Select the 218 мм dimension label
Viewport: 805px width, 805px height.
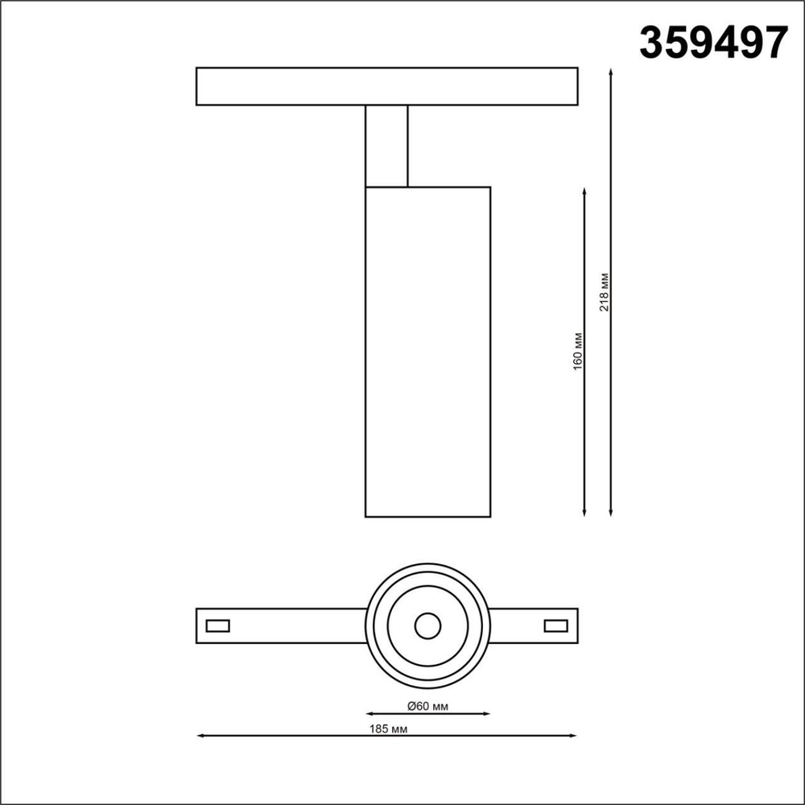[605, 291]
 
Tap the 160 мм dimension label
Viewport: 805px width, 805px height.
[577, 350]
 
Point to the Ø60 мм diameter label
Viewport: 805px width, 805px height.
[427, 706]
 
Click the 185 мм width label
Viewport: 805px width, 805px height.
[388, 729]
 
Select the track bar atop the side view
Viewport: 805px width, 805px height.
[387, 86]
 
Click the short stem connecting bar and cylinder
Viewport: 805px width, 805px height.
[386, 146]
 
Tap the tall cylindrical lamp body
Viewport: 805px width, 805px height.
[427, 352]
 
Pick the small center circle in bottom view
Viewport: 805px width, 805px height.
[427, 625]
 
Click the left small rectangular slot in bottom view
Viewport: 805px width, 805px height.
[217, 625]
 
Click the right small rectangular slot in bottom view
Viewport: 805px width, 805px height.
[555, 625]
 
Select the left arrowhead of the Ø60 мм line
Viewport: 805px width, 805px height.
[369, 713]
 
